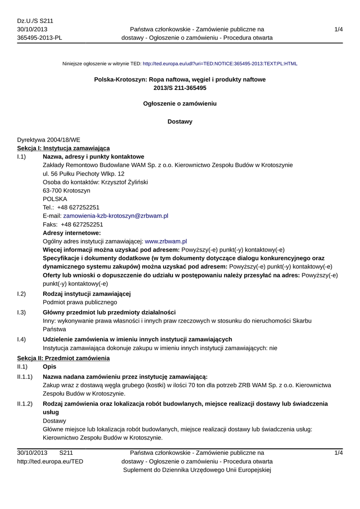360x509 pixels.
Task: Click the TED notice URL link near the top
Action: [x=220, y=64]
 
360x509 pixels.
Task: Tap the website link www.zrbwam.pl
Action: [x=166, y=241]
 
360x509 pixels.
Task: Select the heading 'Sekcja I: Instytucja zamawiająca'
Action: [x=64, y=148]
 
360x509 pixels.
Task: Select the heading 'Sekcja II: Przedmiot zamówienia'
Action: [x=64, y=358]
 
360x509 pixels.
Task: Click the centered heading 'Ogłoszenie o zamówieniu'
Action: [x=180, y=103]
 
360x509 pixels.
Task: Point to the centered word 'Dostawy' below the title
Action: [x=180, y=121]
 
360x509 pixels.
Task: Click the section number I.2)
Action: [x=21, y=294]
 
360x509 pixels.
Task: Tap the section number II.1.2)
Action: [x=25, y=404]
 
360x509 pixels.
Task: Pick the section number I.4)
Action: [x=21, y=339]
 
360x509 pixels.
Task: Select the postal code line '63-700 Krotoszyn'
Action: [x=67, y=190]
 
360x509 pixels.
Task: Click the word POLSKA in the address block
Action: [x=55, y=199]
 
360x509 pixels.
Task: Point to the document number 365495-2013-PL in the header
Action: [x=40, y=38]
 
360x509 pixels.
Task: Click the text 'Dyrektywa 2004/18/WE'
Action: [x=48, y=140]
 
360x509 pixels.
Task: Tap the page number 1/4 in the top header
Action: [x=339, y=29]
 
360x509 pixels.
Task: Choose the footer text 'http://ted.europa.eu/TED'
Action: [x=50, y=461]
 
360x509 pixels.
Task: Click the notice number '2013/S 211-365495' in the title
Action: [x=180, y=87]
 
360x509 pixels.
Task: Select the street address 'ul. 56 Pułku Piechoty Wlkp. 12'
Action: [x=84, y=173]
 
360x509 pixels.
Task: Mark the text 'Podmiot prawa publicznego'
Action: [x=80, y=302]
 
